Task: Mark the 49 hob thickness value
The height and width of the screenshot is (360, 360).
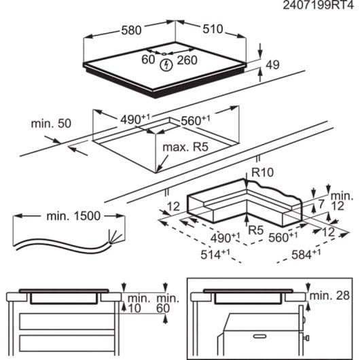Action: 272,65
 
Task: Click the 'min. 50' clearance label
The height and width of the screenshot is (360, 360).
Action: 51,124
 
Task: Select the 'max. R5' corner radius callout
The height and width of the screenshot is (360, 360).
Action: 183,147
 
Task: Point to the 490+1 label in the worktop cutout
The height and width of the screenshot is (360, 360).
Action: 137,118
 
